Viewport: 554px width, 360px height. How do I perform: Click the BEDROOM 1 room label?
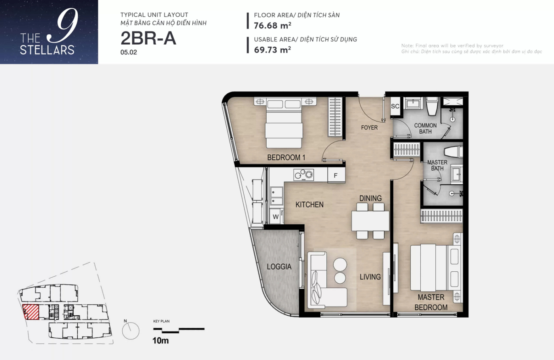tap(286, 157)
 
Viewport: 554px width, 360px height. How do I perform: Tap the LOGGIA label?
tap(279, 267)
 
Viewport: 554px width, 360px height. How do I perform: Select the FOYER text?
tap(369, 127)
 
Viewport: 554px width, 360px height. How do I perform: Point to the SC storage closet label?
tap(395, 106)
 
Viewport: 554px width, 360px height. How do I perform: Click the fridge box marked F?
tap(336, 175)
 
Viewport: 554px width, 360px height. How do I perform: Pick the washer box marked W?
tap(276, 217)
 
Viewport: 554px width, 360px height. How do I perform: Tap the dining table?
tap(370, 221)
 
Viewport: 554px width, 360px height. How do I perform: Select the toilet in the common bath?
tap(432, 106)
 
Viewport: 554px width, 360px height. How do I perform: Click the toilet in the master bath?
tap(453, 152)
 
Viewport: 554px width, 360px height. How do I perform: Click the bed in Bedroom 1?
tap(284, 123)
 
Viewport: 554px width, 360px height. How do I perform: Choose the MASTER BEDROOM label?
tap(431, 302)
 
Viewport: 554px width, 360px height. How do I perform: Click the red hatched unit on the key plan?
tap(31, 312)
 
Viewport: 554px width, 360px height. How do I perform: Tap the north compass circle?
tap(131, 331)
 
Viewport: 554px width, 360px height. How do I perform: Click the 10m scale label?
tap(161, 341)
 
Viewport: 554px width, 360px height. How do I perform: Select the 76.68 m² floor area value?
tap(273, 25)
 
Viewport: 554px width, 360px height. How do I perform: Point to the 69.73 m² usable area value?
tap(273, 50)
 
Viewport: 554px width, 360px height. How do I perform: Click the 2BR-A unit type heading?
tap(148, 38)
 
